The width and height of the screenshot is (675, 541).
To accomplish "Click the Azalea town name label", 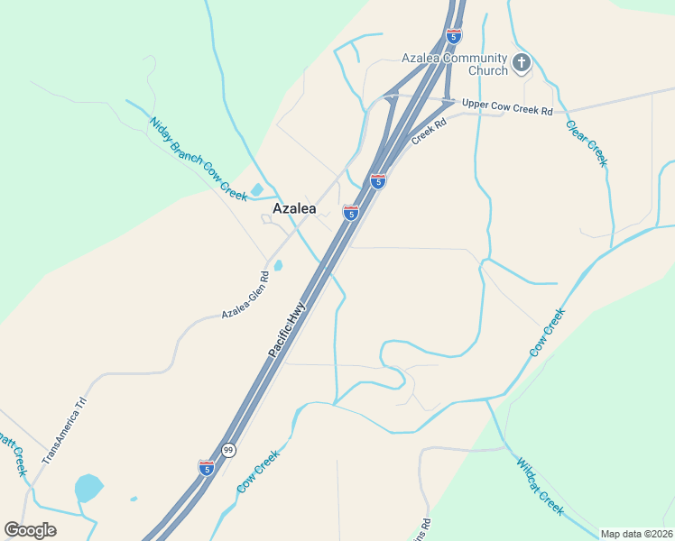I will click(294, 208).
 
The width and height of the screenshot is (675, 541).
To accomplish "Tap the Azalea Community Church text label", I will click(455, 64).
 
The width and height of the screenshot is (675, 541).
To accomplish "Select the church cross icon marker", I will click(521, 63).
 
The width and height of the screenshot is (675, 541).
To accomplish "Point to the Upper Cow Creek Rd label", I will click(506, 106).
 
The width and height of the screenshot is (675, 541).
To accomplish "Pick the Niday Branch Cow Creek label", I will click(198, 158).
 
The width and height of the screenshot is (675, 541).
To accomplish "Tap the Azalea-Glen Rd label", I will click(246, 295).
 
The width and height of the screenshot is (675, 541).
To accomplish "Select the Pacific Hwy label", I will click(287, 329).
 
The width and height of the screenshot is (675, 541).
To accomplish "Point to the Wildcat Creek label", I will click(540, 487).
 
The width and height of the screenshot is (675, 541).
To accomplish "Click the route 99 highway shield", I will click(229, 450).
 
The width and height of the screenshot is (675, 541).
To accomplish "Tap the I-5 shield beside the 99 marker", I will click(207, 467).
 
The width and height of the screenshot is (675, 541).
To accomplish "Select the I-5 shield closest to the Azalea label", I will click(351, 213).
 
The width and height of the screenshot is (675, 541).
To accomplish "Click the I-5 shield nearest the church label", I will click(454, 36).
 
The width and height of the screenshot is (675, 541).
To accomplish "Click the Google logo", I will click(30, 530).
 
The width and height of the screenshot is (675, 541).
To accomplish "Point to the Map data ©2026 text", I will click(635, 533).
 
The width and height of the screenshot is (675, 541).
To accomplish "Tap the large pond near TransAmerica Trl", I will click(88, 487).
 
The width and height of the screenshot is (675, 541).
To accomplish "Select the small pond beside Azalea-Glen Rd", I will click(278, 265).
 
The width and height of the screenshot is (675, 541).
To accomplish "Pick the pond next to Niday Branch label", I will click(256, 190).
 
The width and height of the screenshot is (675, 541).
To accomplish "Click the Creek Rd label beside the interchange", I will click(429, 133).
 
